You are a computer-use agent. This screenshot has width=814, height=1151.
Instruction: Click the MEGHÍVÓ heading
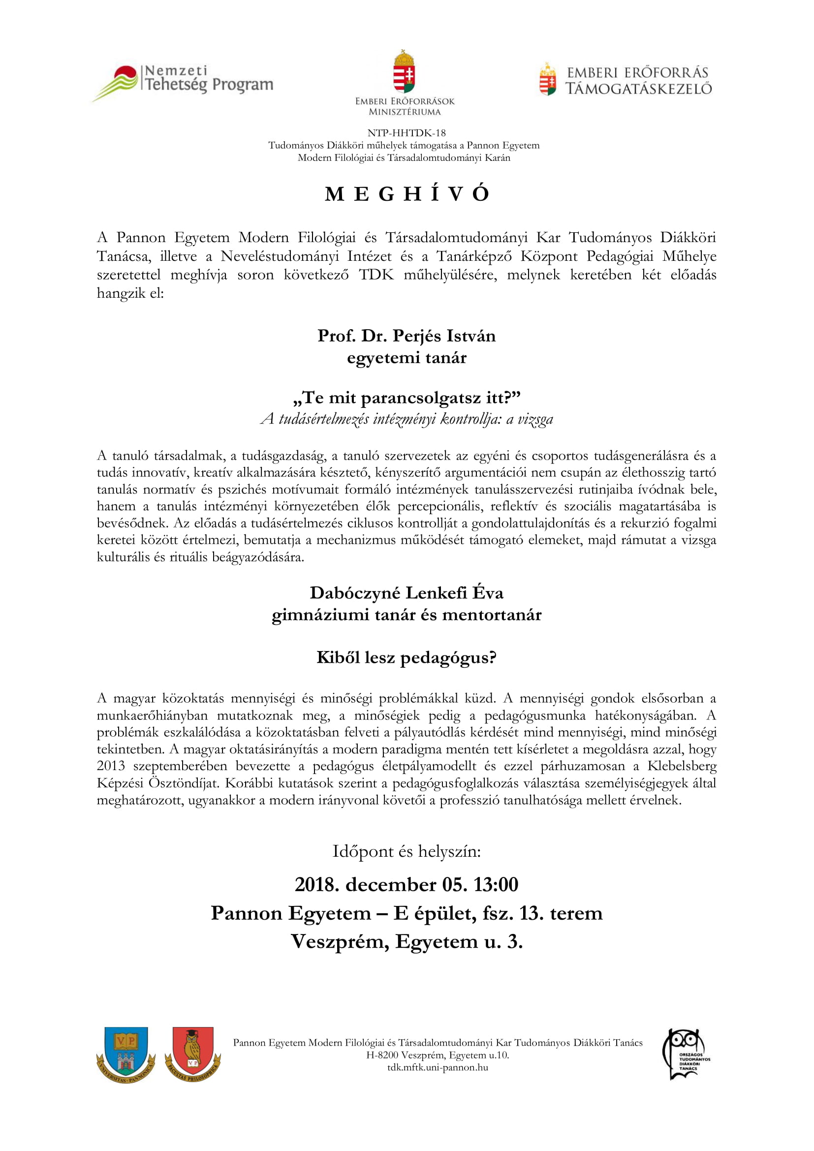(407, 194)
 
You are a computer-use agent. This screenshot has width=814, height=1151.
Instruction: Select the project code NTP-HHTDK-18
(407, 133)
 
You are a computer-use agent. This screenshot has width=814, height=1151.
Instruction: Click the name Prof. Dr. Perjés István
(407, 336)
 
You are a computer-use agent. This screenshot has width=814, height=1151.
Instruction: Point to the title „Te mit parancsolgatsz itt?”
(407, 398)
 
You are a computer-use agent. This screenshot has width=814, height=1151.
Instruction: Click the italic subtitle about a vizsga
(407, 419)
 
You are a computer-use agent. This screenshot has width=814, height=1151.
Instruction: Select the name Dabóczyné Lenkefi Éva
(407, 592)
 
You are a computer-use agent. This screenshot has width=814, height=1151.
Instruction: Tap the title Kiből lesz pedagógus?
(407, 657)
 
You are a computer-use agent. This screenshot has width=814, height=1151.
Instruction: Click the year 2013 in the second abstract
(111, 766)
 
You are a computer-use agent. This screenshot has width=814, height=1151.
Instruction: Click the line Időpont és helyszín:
(407, 851)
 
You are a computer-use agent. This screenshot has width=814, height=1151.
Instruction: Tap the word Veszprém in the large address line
(340, 942)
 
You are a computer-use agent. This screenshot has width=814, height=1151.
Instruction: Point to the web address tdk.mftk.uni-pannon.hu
(438, 1067)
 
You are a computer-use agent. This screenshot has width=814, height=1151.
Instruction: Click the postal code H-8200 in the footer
(382, 1055)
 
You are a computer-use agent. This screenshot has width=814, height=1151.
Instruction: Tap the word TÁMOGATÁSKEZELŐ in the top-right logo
(639, 89)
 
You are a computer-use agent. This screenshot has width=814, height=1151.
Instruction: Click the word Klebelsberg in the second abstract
(682, 766)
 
